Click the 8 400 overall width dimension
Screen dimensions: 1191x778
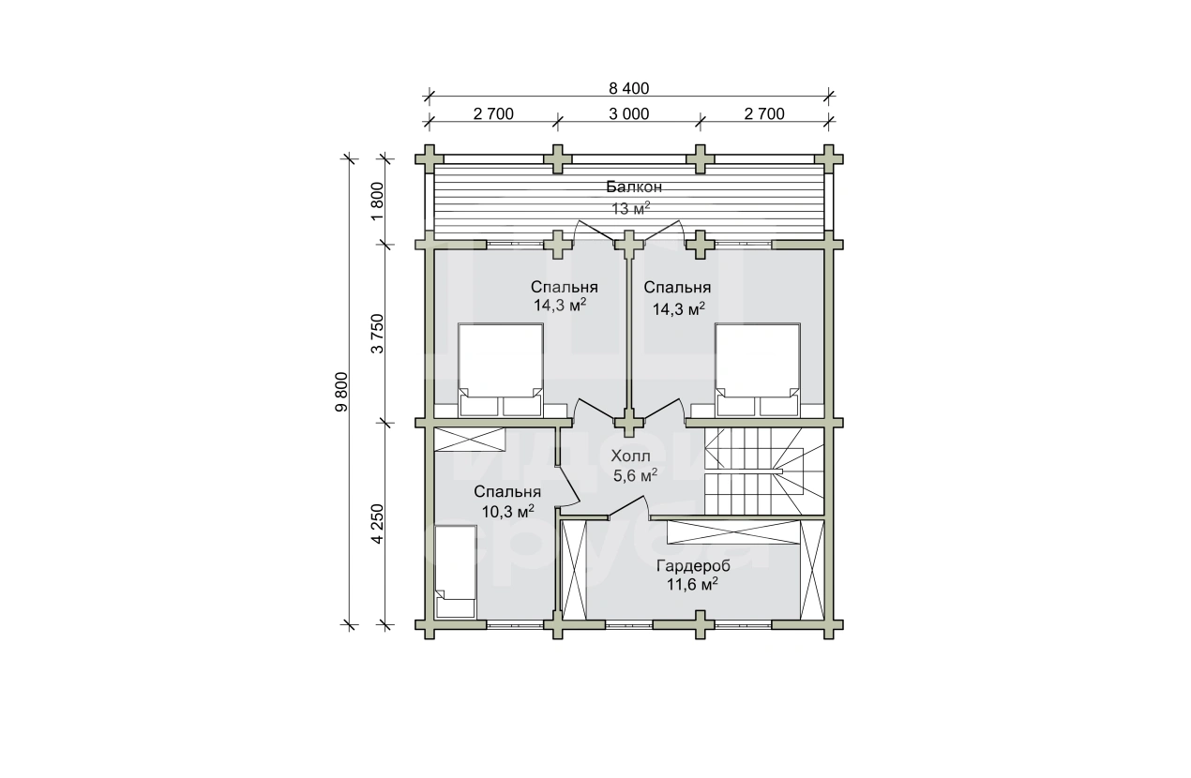point(629,88)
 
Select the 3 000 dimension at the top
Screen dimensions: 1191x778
point(629,113)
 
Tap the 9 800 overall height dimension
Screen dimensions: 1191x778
point(341,392)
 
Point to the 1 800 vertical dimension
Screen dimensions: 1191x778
point(377,202)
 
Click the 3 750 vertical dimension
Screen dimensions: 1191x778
point(377,334)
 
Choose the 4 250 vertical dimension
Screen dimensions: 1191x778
point(377,524)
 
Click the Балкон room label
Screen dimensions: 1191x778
point(634,187)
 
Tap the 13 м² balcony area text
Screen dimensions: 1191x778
point(630,209)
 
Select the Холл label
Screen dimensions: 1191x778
point(630,456)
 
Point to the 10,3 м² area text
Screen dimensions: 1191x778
point(507,511)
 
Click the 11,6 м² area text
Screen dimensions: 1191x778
point(693,585)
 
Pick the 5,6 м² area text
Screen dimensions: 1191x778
point(636,475)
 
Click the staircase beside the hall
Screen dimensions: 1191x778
point(764,471)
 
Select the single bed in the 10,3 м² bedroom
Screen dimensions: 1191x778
point(456,572)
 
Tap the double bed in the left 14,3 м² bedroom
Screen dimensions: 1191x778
point(501,370)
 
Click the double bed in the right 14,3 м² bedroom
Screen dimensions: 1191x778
point(757,370)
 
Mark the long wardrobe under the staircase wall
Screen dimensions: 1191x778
point(734,532)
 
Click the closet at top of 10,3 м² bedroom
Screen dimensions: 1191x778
point(470,440)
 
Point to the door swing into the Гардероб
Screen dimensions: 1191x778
point(628,506)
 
